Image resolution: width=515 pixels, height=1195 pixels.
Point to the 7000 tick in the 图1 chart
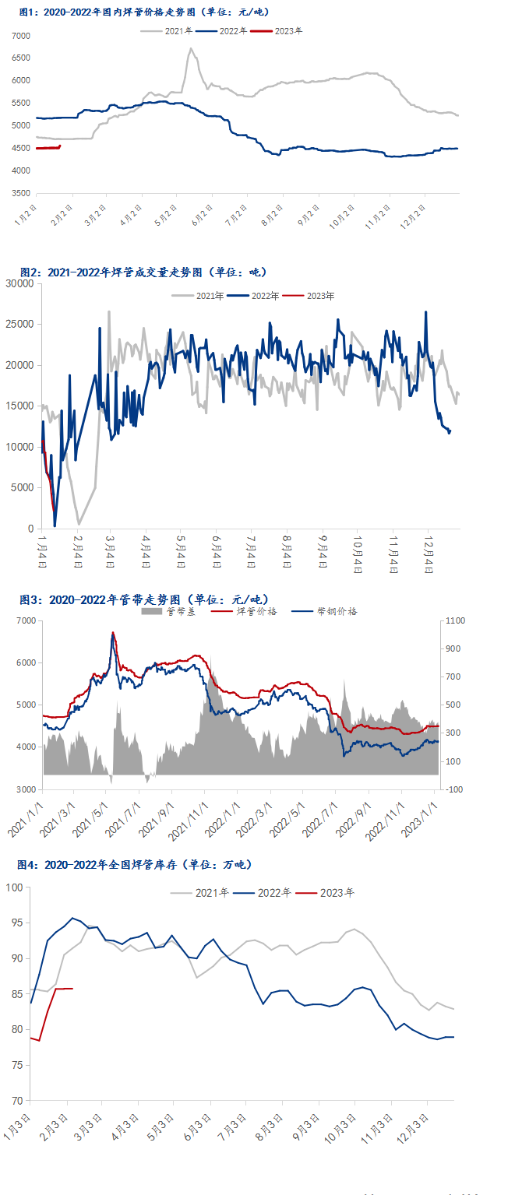coord(21,37)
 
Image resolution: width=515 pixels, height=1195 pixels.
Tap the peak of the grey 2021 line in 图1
coord(190,49)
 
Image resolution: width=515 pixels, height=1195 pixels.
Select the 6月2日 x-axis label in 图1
coord(202,216)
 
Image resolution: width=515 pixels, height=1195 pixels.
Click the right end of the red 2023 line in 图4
coord(72,989)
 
